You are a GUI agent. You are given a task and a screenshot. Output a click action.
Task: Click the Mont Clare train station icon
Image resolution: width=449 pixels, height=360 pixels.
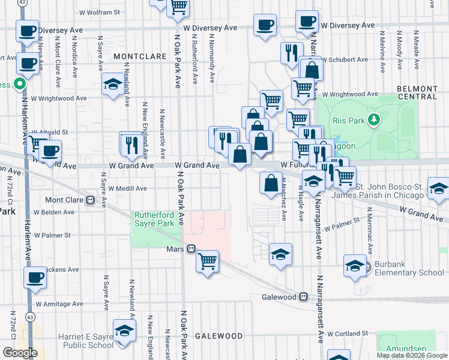click(x=91, y=200)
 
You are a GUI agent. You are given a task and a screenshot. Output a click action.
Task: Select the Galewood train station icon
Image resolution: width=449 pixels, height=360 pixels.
click(x=304, y=297)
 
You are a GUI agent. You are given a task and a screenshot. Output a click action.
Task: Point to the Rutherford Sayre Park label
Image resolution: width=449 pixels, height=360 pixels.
click(x=154, y=219)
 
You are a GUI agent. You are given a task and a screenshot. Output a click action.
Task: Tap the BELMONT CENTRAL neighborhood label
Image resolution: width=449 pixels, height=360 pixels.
click(x=417, y=92)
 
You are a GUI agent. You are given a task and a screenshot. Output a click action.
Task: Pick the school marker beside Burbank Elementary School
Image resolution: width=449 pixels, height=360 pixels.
click(x=355, y=265)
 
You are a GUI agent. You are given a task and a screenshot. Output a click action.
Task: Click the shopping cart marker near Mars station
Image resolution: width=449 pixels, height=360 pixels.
click(x=207, y=260)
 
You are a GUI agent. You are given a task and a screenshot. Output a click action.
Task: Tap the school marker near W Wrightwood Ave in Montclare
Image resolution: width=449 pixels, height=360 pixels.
click(x=112, y=85)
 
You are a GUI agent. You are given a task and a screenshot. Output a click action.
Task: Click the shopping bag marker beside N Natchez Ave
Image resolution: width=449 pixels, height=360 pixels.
click(x=271, y=182)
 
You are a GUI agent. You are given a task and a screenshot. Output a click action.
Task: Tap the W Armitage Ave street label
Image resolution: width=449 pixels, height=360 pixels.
click(x=56, y=305)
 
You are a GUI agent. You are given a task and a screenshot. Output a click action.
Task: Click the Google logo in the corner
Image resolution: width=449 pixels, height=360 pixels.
click(x=20, y=353)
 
